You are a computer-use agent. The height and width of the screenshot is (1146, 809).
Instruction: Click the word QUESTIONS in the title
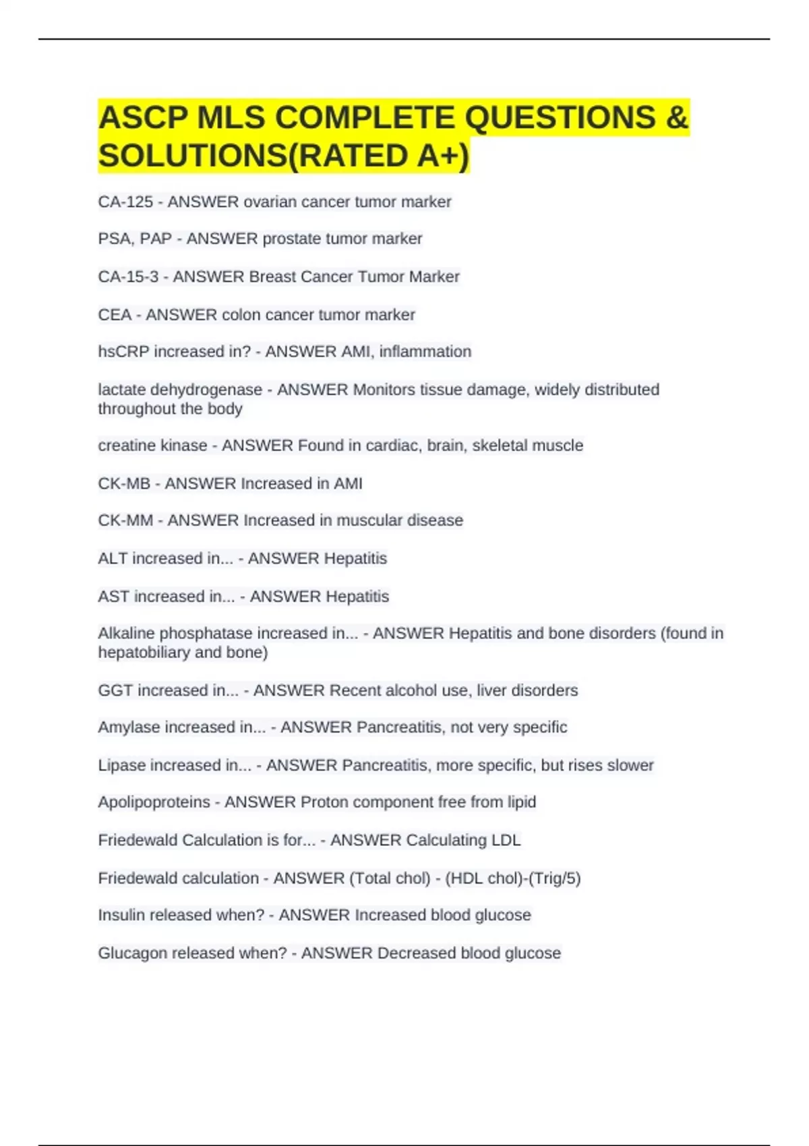pyautogui.click(x=560, y=118)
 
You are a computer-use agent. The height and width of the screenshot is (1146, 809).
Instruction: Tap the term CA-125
pyautogui.click(x=125, y=202)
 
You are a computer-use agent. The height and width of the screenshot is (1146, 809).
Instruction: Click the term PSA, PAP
pyautogui.click(x=135, y=239)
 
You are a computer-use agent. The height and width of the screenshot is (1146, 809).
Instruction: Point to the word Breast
pyautogui.click(x=275, y=276)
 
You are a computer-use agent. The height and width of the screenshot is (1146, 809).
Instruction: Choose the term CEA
pyautogui.click(x=115, y=315)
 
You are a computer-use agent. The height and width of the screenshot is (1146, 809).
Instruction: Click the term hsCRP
pyautogui.click(x=123, y=352)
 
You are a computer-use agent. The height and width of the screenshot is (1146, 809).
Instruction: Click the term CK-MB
pyautogui.click(x=124, y=483)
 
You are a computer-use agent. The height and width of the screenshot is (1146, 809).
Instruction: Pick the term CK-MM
pyautogui.click(x=125, y=520)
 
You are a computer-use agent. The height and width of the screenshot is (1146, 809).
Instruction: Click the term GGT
pyautogui.click(x=115, y=690)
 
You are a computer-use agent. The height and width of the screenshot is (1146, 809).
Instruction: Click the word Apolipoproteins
pyautogui.click(x=154, y=802)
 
